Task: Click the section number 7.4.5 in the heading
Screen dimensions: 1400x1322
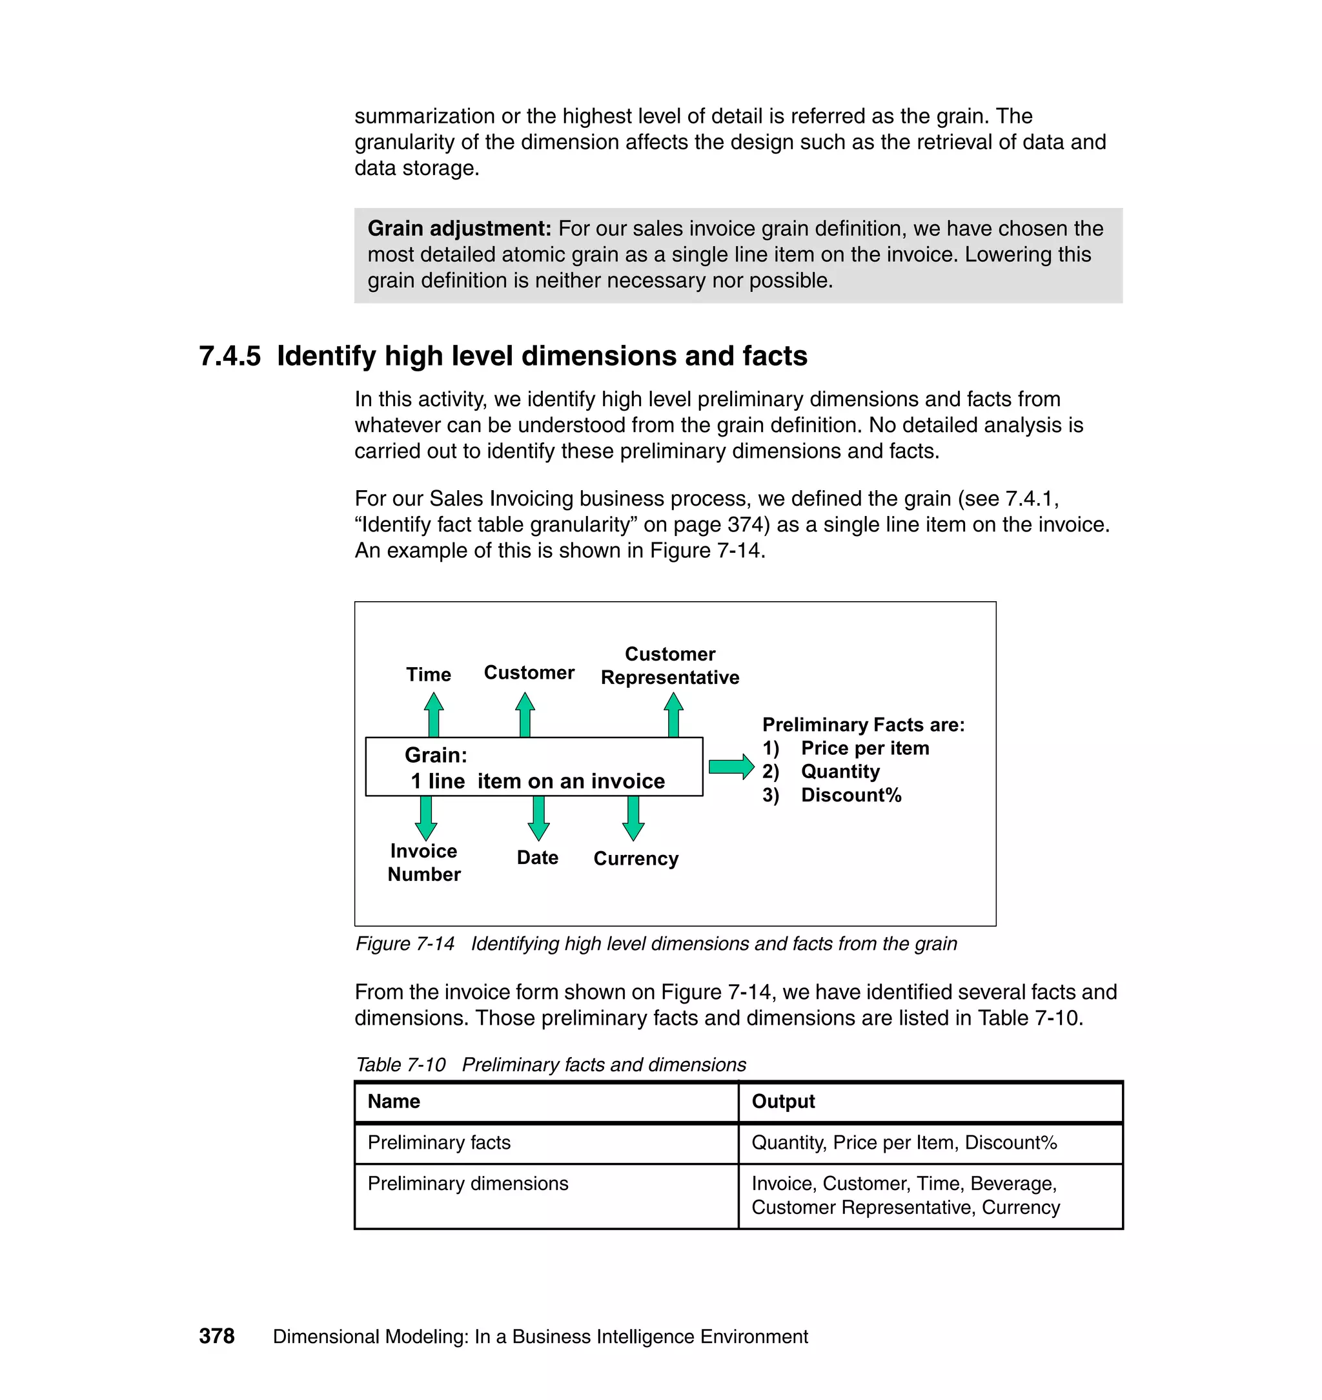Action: coord(229,356)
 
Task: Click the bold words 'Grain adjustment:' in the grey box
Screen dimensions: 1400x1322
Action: coord(459,229)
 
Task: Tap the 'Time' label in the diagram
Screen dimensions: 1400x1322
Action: coord(429,675)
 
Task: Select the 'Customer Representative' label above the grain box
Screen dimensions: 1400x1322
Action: coord(669,666)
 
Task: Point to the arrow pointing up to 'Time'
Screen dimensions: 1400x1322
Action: coord(434,714)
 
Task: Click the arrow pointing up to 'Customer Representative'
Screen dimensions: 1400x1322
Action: coord(673,714)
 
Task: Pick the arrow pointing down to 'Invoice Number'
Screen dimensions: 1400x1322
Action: coord(425,818)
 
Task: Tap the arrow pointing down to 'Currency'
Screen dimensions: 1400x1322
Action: coord(633,818)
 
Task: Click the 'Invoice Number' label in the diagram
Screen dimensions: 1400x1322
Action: coord(423,862)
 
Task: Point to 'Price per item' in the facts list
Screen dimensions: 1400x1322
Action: coord(864,748)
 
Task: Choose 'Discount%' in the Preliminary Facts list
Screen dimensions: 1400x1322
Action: coord(851,795)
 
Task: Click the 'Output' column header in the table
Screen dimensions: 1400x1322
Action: coord(783,1102)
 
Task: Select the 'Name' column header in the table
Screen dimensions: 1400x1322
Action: coord(393,1102)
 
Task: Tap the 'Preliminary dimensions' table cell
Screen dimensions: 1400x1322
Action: coord(467,1184)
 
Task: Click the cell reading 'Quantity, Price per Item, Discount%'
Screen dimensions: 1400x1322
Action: coord(904,1143)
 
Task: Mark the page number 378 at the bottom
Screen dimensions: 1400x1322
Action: coord(216,1337)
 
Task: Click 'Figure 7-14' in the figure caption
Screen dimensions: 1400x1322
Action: coord(405,944)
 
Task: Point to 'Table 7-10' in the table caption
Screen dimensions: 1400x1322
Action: coord(400,1064)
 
